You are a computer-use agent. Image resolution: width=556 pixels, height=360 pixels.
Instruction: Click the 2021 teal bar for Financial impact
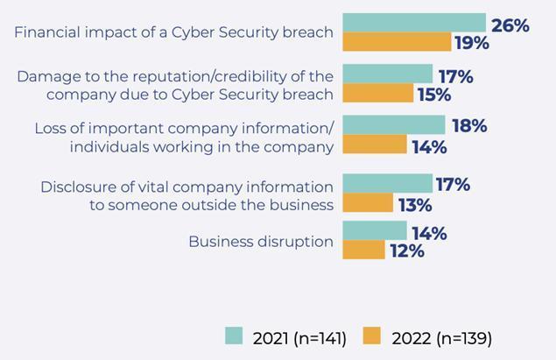tap(413, 23)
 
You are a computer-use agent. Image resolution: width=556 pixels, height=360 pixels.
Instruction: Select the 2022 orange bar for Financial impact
tap(397, 42)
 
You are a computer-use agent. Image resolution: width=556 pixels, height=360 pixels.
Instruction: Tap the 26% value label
tap(510, 25)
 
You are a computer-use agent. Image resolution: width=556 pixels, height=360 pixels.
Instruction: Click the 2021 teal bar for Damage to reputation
tap(387, 74)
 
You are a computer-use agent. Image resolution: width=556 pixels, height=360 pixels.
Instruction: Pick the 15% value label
tap(434, 95)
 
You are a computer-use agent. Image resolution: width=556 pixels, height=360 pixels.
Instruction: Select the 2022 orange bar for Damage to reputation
tap(377, 93)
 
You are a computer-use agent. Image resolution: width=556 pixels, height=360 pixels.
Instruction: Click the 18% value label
tap(468, 126)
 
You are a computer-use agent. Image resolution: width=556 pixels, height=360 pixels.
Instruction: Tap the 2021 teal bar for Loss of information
tap(393, 125)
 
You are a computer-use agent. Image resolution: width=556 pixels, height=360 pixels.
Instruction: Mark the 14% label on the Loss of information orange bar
tap(429, 146)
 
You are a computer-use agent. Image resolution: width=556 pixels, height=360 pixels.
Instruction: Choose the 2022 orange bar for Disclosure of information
tap(368, 204)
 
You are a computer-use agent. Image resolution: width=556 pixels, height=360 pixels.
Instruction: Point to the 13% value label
tap(414, 205)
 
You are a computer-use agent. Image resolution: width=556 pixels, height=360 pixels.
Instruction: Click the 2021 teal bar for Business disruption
tap(375, 231)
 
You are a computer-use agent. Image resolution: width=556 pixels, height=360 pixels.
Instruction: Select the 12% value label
tap(406, 251)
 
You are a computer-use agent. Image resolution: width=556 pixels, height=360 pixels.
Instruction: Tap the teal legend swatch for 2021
tap(233, 335)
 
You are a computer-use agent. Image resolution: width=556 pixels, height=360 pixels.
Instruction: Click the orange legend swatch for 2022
tap(371, 335)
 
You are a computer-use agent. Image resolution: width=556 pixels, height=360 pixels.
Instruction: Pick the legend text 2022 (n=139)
tap(440, 337)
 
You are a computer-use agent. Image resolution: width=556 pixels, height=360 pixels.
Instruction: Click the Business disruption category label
tap(261, 242)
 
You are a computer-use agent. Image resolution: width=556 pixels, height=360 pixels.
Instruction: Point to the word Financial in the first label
tap(49, 32)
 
